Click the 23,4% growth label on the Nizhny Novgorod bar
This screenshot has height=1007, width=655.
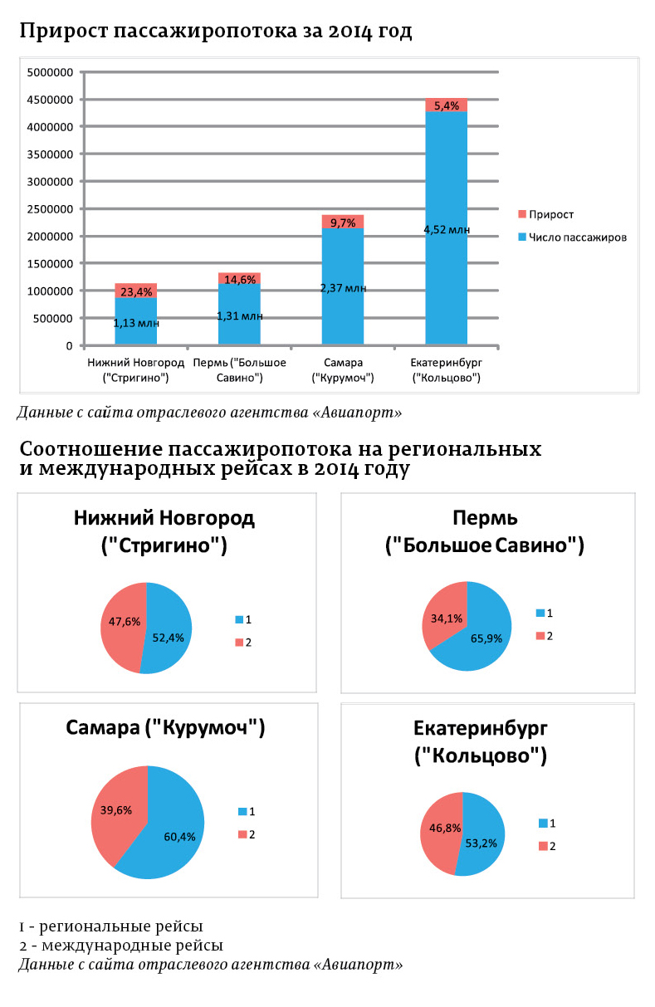pos(135,291)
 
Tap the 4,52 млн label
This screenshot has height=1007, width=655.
pos(447,230)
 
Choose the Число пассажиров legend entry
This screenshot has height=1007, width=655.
pos(572,237)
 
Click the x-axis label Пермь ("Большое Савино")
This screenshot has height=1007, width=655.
pos(239,370)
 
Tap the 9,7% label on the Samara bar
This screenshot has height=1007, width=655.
pos(343,222)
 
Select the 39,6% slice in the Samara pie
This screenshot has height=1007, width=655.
pos(117,809)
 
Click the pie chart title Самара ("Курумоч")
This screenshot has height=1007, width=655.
pos(165,728)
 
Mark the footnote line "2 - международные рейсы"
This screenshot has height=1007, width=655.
pos(121,946)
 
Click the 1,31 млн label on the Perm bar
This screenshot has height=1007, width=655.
pos(240,316)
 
